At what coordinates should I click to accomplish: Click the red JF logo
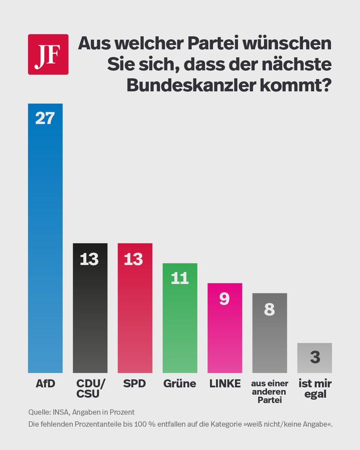coord(48,54)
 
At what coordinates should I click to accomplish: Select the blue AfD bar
coord(45,244)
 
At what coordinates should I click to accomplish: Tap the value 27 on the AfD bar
coord(45,118)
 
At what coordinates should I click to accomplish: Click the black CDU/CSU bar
coord(90,311)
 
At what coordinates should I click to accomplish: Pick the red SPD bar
coord(135,311)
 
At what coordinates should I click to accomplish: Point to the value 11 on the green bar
coord(180,278)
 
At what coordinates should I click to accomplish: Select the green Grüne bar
coord(180,322)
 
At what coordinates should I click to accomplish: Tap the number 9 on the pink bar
coord(225,299)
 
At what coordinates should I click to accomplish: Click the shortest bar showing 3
coord(314,358)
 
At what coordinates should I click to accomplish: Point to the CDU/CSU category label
coord(91,388)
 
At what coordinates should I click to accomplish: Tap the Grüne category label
coord(180,384)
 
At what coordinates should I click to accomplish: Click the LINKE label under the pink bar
coord(225,384)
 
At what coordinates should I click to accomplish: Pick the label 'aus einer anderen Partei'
coord(270,392)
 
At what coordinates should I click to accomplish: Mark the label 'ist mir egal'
coord(315,388)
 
